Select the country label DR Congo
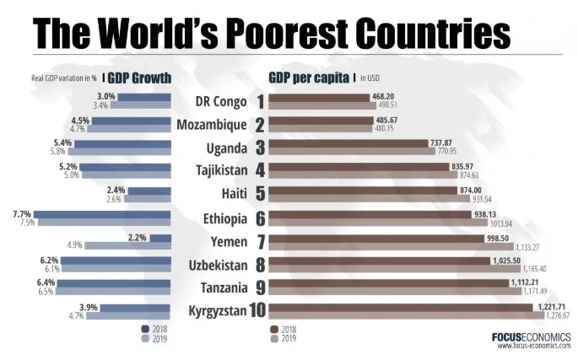click(220, 102)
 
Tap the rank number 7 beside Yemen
click(261, 242)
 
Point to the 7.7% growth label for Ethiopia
click(23, 214)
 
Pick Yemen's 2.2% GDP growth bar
click(161, 238)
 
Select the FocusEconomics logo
click(530, 336)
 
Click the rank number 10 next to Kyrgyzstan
click(257, 311)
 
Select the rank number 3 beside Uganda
click(261, 148)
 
